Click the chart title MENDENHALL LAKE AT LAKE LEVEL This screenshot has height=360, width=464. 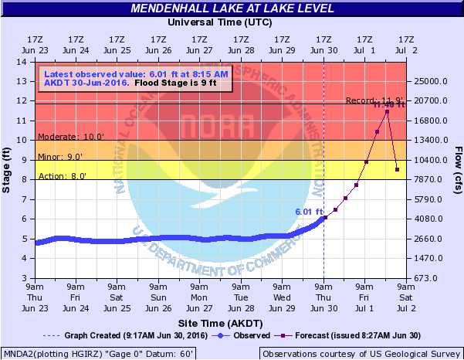(x=232, y=8)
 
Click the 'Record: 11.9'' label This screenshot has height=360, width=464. (x=364, y=100)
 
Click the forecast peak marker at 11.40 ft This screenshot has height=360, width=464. (x=387, y=111)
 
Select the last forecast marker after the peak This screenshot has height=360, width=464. (x=397, y=169)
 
